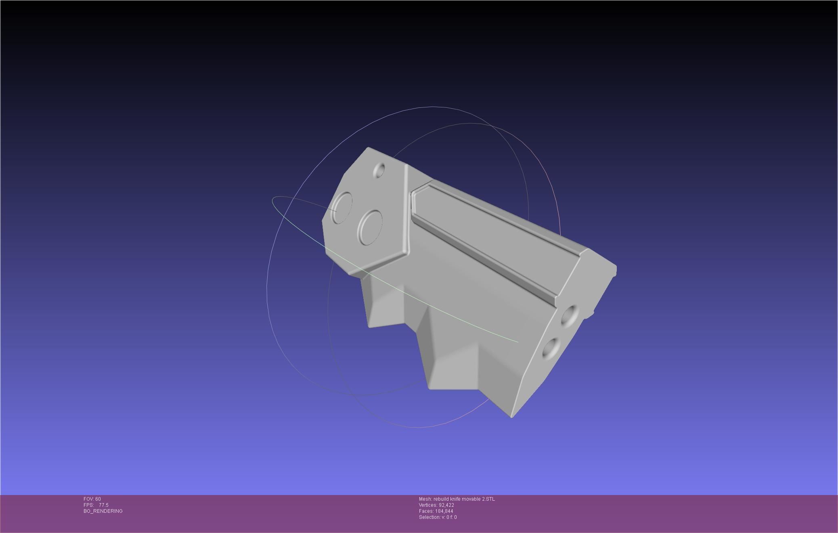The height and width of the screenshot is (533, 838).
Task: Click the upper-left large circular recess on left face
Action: pos(342,207)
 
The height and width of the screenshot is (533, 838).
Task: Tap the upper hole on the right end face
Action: pos(570,316)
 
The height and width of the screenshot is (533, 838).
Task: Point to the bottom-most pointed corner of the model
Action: pos(511,416)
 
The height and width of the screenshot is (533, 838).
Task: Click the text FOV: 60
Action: pos(92,499)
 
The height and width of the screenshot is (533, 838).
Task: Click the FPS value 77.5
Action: pos(103,505)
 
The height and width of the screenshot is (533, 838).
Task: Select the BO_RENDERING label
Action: pos(103,511)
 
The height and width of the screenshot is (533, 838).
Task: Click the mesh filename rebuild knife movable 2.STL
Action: pos(464,499)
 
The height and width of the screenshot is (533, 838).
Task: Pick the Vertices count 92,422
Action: pos(446,505)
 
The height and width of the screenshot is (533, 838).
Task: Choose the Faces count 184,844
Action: pos(444,511)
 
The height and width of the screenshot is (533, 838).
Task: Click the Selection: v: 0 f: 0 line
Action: pos(438,517)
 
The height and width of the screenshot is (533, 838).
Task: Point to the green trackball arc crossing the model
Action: pos(444,311)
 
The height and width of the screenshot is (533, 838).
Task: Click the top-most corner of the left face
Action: pos(368,148)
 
